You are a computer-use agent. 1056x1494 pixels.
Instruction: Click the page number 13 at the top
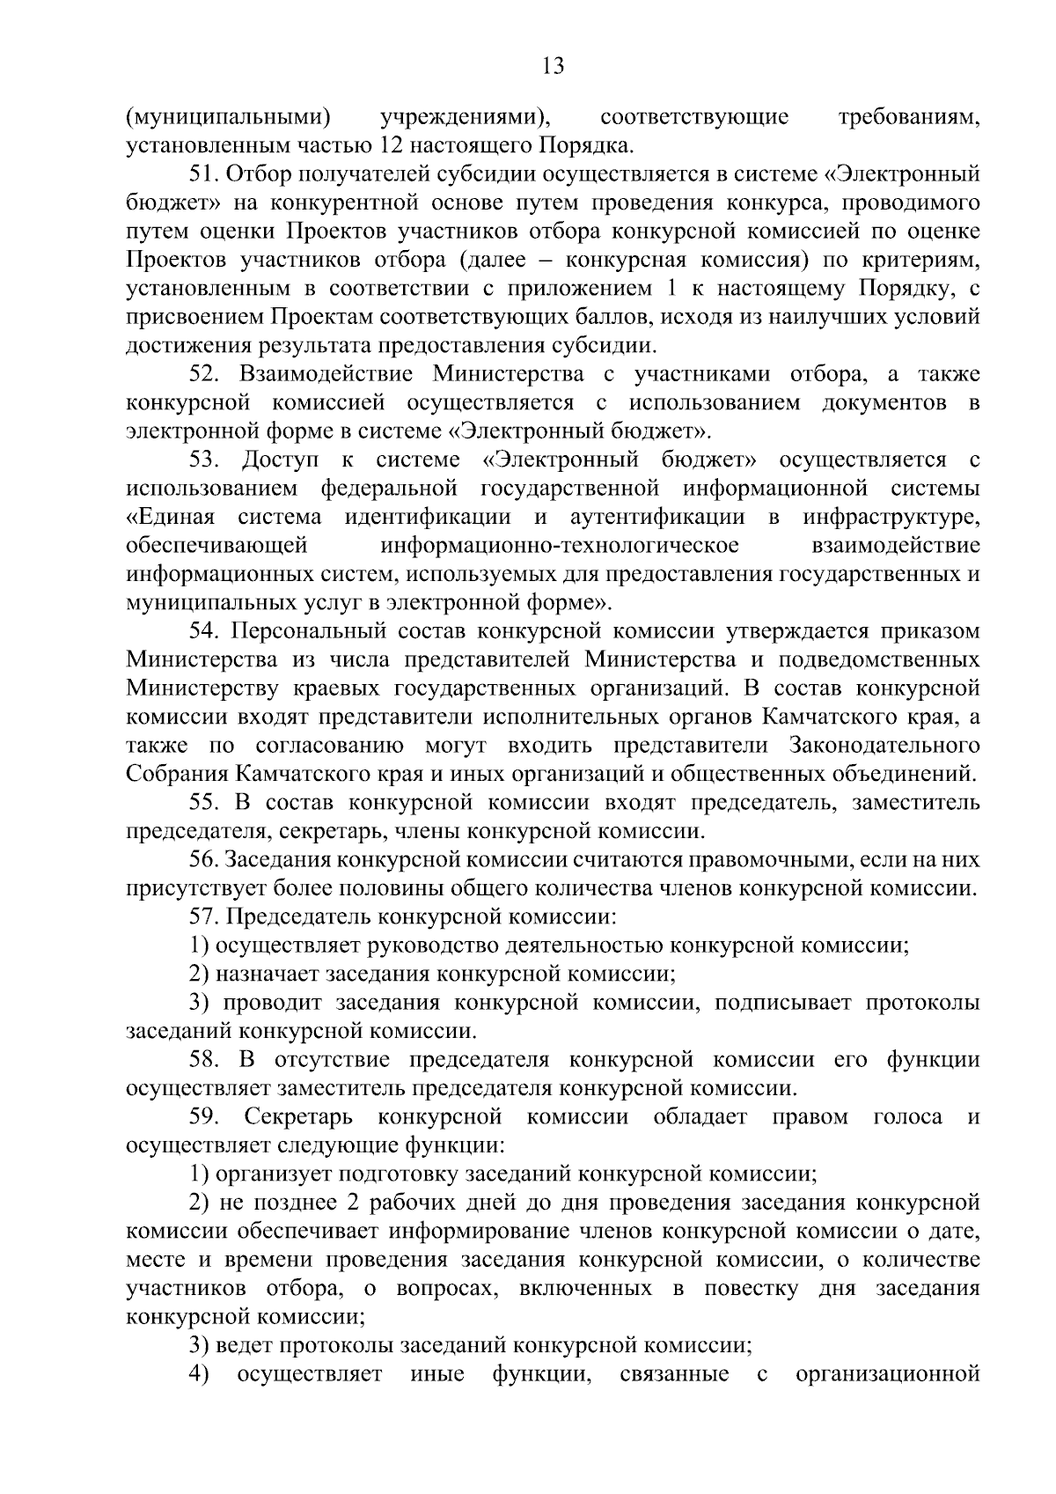coord(554,66)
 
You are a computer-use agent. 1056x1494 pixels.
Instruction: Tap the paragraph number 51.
coord(204,174)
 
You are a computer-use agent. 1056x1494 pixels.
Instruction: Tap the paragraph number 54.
coord(204,631)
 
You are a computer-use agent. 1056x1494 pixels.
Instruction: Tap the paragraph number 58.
coord(204,1060)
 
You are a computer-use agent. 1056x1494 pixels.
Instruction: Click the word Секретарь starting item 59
coord(299,1117)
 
